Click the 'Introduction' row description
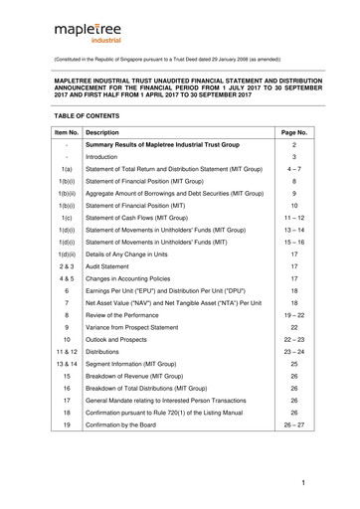[x=107, y=157]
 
